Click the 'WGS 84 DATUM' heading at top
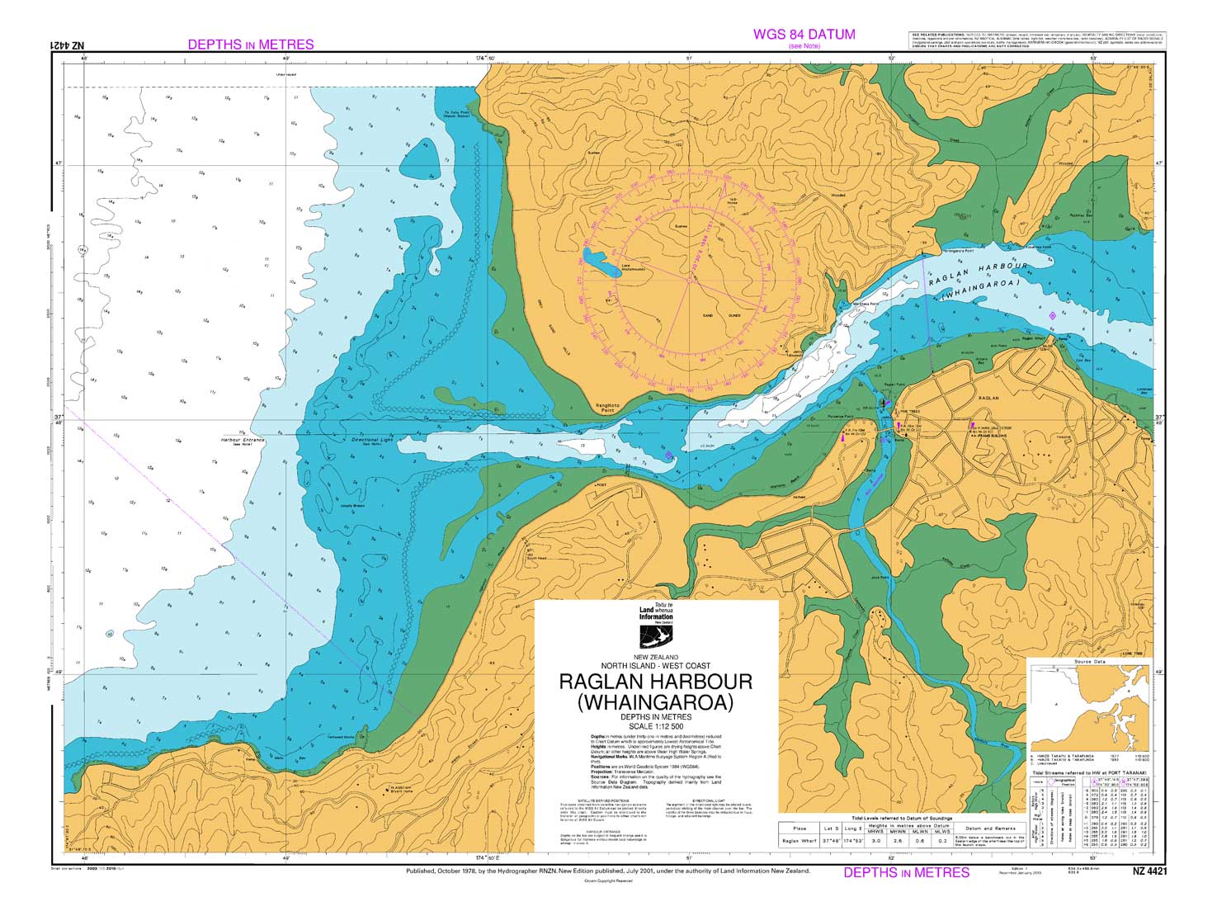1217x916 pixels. tap(804, 35)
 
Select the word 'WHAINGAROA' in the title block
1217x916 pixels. tap(656, 703)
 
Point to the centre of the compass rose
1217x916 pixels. tap(688, 280)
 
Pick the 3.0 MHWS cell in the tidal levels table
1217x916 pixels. tap(876, 840)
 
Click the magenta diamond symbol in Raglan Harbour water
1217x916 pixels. tap(1052, 316)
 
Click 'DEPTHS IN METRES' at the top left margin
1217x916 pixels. tap(250, 45)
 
